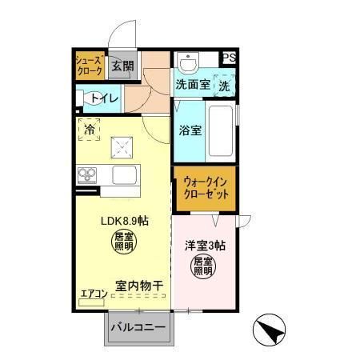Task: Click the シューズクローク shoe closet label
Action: coord(89,65)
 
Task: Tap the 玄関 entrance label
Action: coord(122,66)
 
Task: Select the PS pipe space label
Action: coord(229,58)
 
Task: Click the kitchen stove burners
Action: coord(86,174)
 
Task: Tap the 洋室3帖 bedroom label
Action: coord(206,245)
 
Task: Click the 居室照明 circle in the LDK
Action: coord(123,242)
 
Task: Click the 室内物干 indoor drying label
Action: coord(138,285)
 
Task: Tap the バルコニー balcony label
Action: coord(138,328)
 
